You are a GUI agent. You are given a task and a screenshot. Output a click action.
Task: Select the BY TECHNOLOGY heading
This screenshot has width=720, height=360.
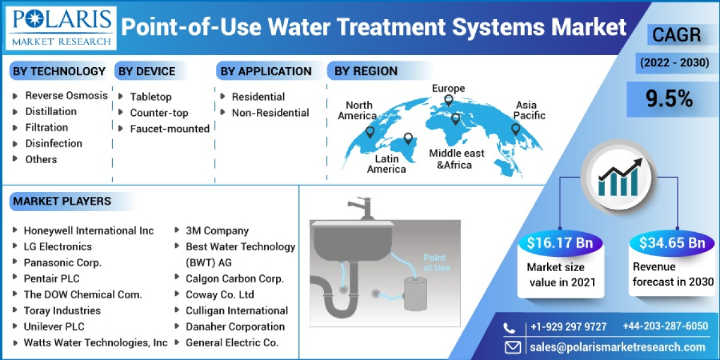[59, 71]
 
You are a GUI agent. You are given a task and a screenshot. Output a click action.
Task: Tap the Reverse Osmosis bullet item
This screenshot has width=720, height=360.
[66, 95]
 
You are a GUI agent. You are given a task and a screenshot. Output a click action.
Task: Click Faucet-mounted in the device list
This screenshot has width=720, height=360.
[169, 128]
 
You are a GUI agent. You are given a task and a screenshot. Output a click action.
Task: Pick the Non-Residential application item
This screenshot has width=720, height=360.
[270, 113]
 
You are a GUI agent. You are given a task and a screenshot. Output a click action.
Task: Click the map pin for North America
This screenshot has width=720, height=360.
[370, 131]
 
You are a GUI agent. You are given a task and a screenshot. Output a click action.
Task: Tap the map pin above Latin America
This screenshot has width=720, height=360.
[409, 139]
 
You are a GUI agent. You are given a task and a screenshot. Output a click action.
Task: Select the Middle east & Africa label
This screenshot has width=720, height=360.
[456, 159]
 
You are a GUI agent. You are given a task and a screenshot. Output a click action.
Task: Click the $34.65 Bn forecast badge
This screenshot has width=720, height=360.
[671, 243]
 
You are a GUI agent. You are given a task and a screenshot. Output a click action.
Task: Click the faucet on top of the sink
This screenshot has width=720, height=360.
[361, 207]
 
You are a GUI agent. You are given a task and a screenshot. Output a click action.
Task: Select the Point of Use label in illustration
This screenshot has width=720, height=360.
[436, 263]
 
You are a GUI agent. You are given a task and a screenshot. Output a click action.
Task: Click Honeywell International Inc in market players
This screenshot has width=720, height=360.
[88, 230]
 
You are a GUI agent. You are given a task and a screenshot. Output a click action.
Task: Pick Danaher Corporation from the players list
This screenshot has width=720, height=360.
[235, 326]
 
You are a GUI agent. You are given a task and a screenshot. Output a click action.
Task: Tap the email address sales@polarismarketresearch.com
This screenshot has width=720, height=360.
[617, 347]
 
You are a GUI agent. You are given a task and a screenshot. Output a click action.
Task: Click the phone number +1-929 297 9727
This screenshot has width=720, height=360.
[568, 327]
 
